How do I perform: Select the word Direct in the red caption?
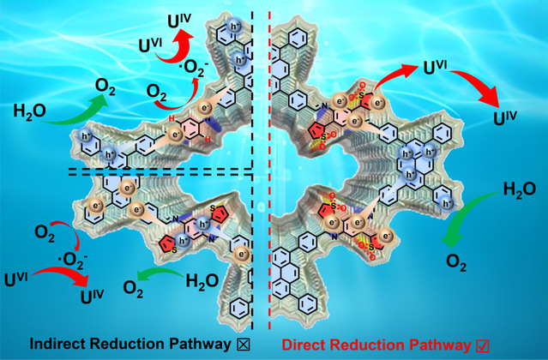(306, 344)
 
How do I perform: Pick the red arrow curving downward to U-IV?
(480, 86)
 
